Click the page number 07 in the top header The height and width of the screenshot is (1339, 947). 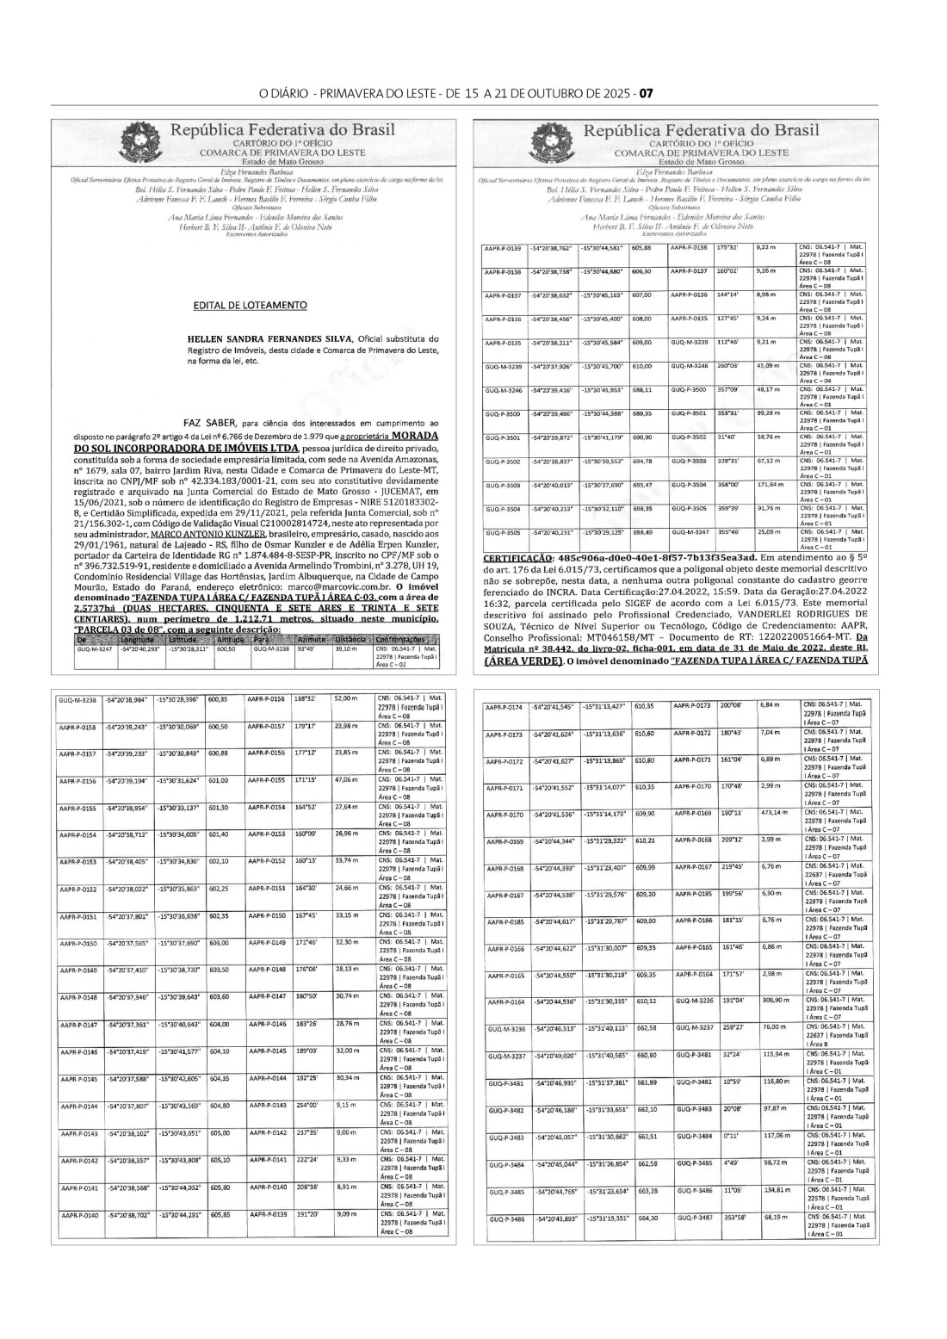click(x=647, y=93)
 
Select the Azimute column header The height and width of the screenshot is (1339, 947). click(x=307, y=641)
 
